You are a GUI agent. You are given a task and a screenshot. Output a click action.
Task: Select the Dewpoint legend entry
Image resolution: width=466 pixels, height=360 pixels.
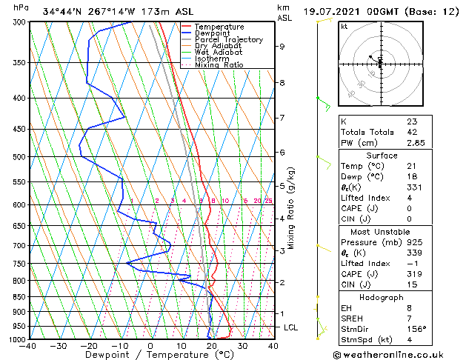214,33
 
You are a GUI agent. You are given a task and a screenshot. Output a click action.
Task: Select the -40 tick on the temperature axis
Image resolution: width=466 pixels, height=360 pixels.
30,346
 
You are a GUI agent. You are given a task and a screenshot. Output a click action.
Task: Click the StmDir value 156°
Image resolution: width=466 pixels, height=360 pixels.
416,329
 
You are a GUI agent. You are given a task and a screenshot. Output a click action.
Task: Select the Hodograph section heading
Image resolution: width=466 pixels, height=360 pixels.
382,296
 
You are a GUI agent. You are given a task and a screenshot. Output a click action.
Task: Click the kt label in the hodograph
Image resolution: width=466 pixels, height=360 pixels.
344,26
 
